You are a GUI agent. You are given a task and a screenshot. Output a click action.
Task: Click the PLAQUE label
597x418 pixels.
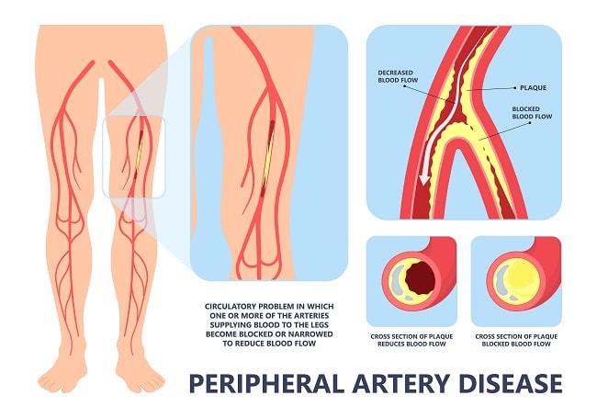tap(533, 87)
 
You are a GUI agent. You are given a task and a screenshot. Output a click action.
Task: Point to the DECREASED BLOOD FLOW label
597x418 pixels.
tap(398, 76)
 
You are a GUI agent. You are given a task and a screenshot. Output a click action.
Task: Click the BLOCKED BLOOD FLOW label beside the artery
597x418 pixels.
tap(532, 113)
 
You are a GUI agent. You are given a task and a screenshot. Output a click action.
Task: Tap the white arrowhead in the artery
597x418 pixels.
tap(423, 179)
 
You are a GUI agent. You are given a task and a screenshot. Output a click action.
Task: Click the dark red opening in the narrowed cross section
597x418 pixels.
tap(420, 278)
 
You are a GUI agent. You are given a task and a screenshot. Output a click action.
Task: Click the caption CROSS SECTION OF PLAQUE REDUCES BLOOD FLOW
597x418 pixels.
tap(411, 340)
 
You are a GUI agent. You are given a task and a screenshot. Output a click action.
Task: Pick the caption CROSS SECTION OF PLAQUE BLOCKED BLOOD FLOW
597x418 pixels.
tap(516, 340)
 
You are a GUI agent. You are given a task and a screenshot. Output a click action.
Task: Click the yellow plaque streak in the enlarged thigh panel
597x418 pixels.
tap(267, 157)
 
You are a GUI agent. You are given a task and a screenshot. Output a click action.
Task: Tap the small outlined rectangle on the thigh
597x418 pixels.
tap(134, 157)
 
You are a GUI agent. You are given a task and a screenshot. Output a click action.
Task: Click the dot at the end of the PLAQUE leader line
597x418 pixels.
tap(515, 87)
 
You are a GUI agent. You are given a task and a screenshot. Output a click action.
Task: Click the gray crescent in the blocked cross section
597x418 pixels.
tap(501, 280)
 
